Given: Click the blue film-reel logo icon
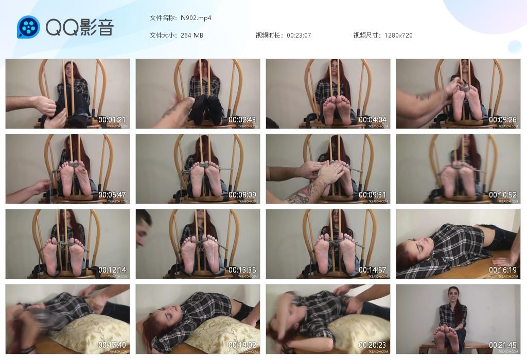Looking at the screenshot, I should click(x=28, y=27).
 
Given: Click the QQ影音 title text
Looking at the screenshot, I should click(x=80, y=27).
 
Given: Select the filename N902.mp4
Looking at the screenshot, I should click(x=196, y=18).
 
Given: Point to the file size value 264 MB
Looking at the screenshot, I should click(x=192, y=35).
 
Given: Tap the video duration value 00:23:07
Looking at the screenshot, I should click(x=299, y=35).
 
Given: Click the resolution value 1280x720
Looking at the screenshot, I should click(x=398, y=35).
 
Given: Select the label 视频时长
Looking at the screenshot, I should click(x=269, y=35).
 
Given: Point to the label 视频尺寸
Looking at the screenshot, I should click(x=366, y=35).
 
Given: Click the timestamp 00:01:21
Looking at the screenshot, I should click(x=112, y=120).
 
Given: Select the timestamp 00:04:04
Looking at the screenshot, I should click(x=373, y=120).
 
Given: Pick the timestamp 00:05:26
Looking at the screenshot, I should click(x=503, y=120).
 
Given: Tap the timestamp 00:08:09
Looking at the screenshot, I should click(x=242, y=195).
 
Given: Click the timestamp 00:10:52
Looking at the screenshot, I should click(x=503, y=195).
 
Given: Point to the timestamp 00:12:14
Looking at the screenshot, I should click(x=112, y=270).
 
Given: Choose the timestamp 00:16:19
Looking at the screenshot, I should click(x=503, y=270).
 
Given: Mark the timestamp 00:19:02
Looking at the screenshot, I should click(x=242, y=345).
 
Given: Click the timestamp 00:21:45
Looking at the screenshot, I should click(x=503, y=345).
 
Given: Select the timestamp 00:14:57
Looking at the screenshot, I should click(x=373, y=270).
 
